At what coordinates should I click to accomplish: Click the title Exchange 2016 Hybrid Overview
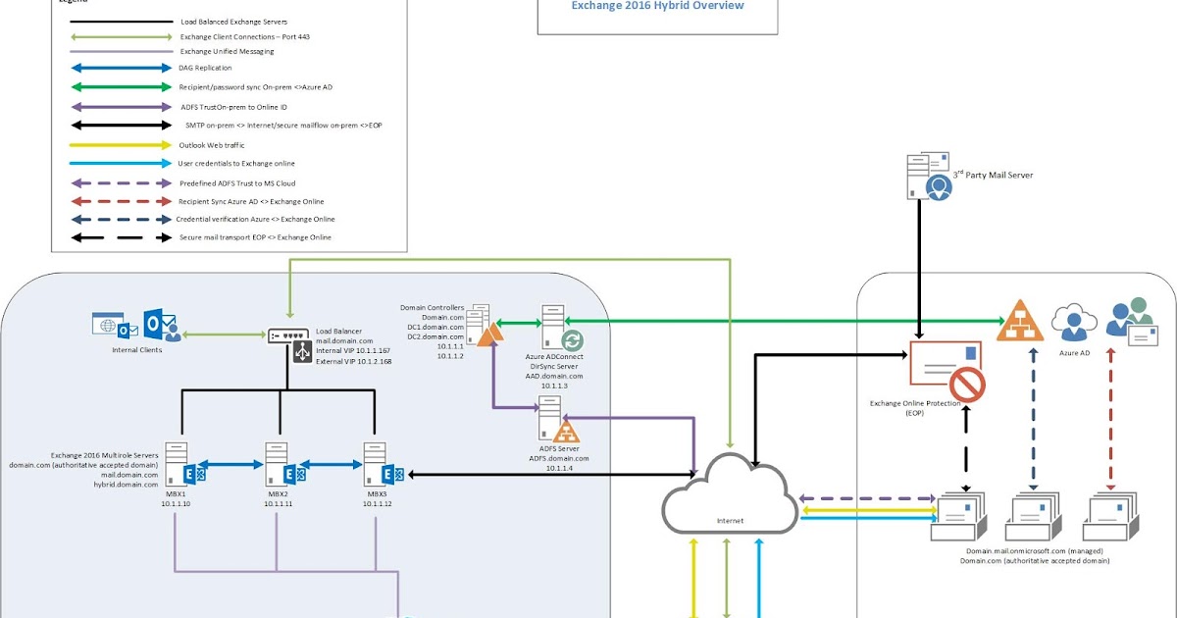tap(657, 6)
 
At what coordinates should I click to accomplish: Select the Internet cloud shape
tap(727, 494)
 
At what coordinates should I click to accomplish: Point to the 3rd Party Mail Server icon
tap(929, 177)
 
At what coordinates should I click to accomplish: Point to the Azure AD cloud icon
tap(1073, 321)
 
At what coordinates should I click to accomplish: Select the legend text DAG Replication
tap(206, 69)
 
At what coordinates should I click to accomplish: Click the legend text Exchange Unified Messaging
tap(228, 51)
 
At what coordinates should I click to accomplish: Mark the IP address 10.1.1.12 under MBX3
tap(375, 504)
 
